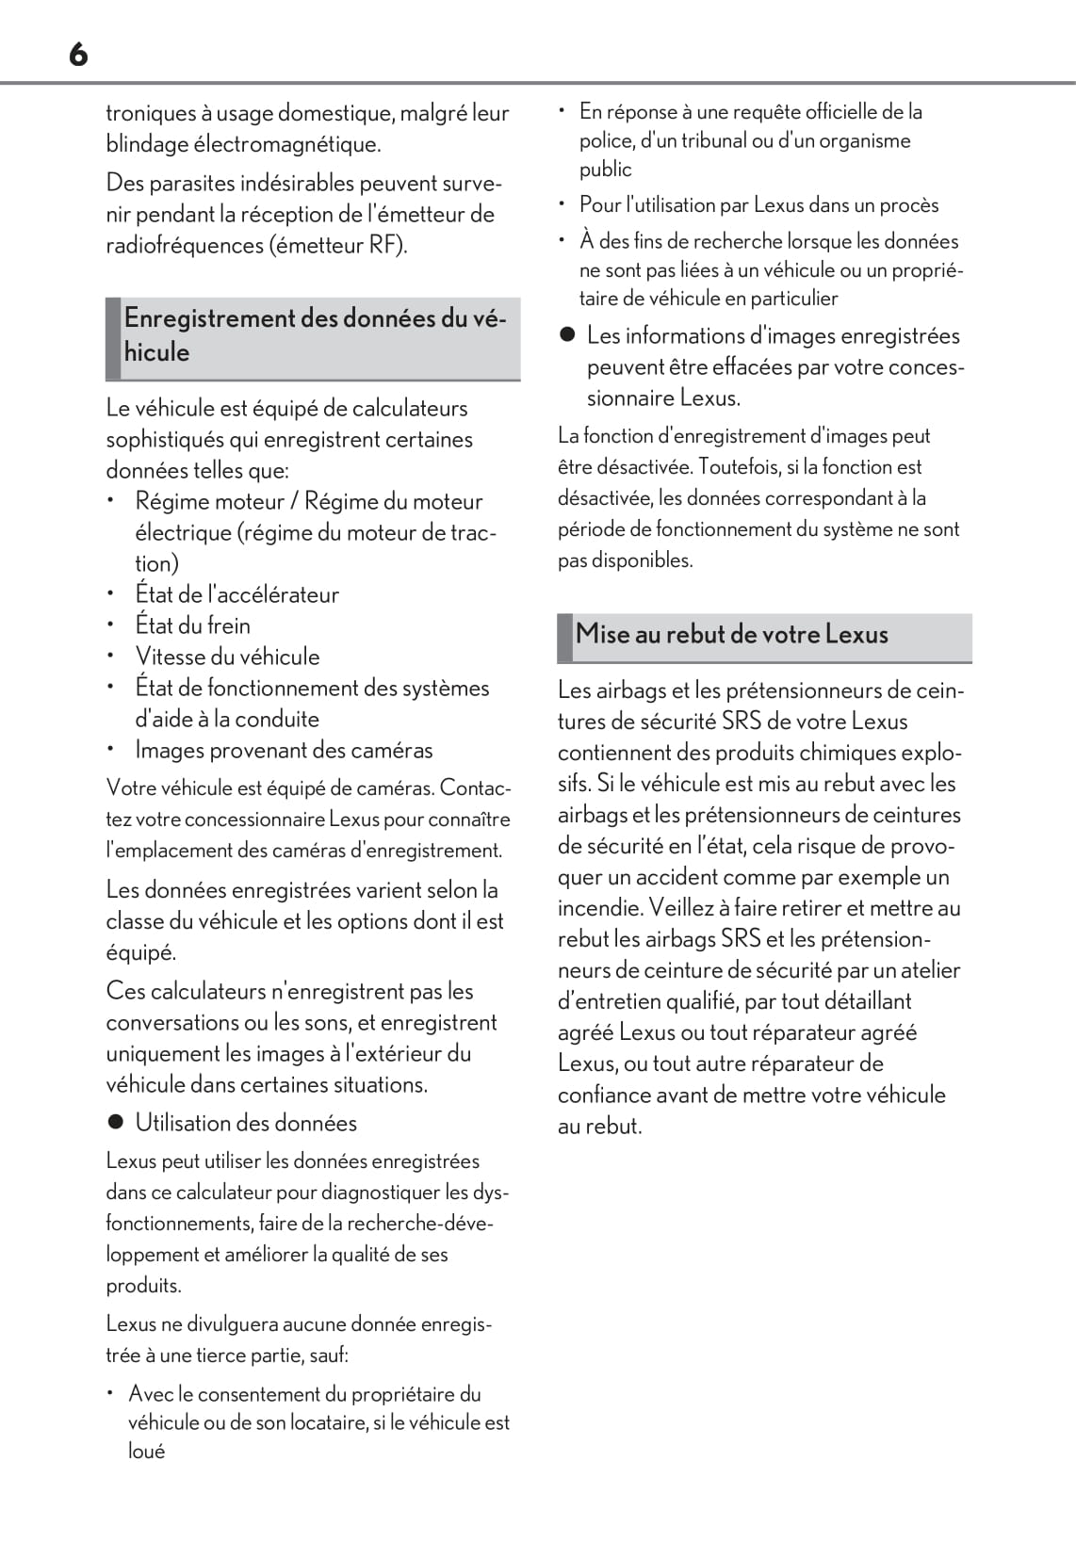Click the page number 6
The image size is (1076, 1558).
point(78,56)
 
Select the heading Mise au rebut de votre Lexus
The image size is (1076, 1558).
point(731,634)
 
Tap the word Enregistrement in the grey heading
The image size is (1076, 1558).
point(210,318)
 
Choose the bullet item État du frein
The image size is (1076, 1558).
point(192,625)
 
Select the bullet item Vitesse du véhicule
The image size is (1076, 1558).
point(227,657)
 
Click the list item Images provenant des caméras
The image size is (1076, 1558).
point(284,750)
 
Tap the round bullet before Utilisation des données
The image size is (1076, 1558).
point(116,1123)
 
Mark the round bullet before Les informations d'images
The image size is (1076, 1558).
point(567,335)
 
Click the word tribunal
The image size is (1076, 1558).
point(707,140)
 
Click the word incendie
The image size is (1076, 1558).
point(599,908)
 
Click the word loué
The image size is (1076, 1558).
point(146,1451)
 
